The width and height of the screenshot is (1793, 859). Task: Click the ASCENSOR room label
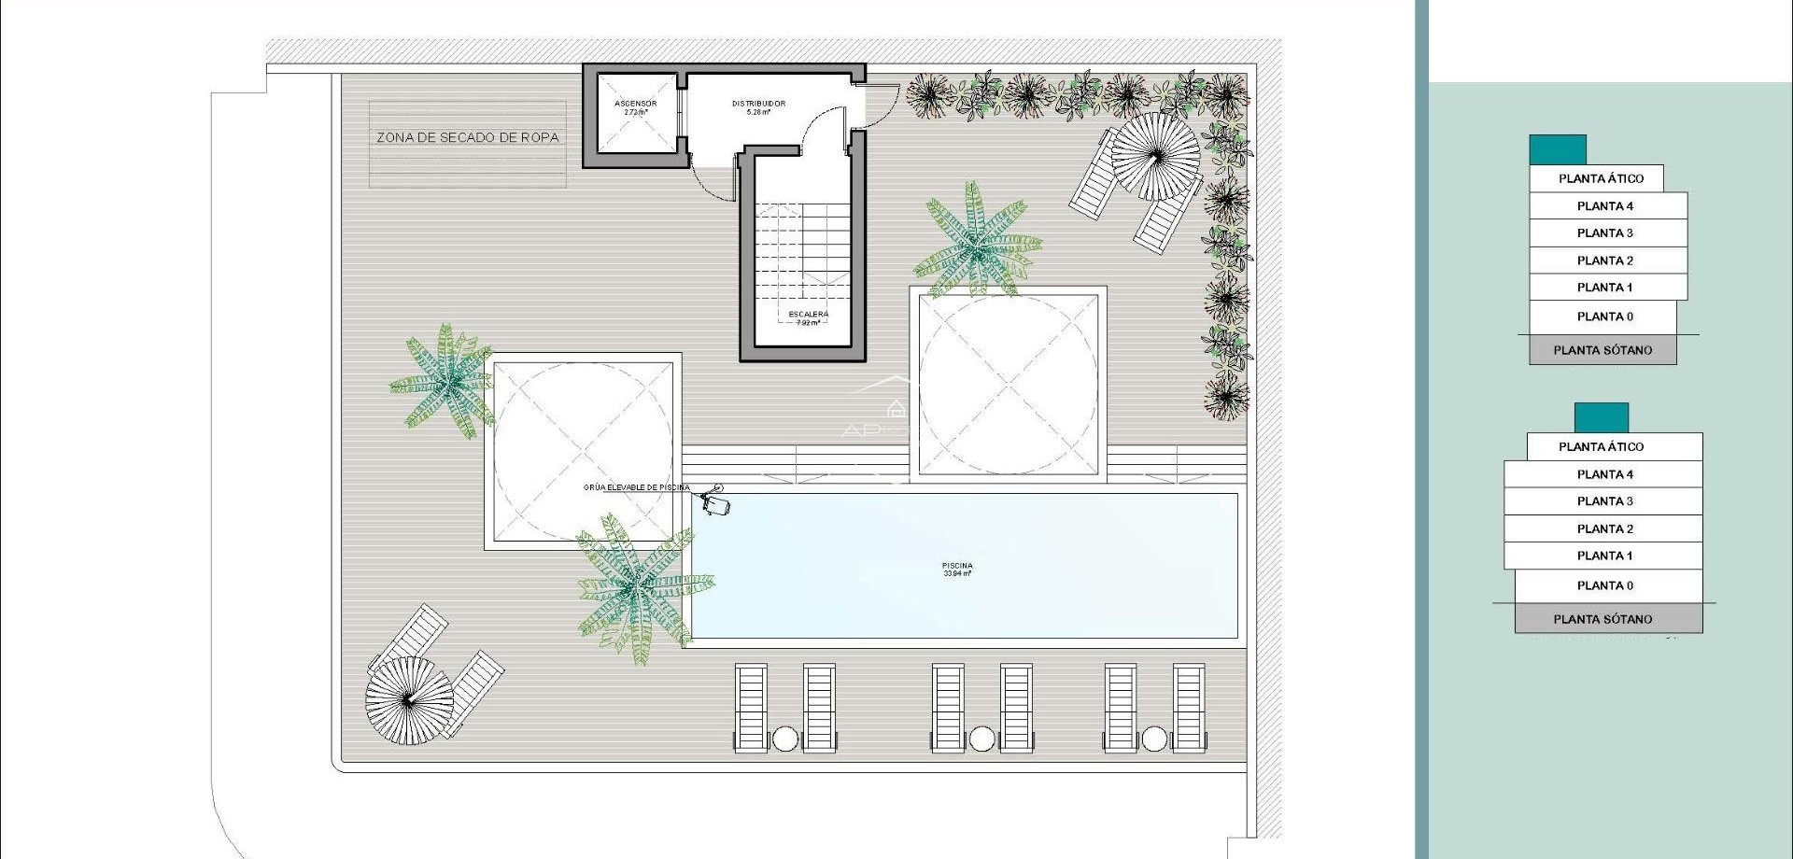(635, 104)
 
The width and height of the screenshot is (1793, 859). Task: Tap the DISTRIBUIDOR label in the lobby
(758, 104)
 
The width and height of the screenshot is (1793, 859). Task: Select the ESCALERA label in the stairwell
(808, 315)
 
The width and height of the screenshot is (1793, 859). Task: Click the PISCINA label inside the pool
(957, 566)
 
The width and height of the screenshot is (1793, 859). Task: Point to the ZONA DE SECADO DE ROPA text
(468, 137)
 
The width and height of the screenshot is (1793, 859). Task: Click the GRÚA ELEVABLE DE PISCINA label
(636, 487)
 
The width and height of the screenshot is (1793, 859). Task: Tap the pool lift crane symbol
(715, 501)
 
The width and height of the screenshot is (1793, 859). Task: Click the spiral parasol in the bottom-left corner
(409, 700)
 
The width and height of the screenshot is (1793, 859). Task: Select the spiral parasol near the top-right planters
(1156, 156)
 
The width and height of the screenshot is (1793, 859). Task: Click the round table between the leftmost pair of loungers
(785, 739)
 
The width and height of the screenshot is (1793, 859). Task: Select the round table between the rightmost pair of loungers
(1154, 739)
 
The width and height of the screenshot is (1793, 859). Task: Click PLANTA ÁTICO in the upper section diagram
(1600, 178)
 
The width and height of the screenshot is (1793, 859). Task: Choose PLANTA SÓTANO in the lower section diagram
(1602, 619)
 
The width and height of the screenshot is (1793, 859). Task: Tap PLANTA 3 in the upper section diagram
(1604, 233)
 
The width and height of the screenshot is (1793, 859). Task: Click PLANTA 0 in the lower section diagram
(1604, 585)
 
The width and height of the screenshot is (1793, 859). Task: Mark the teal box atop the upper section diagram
(1557, 149)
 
